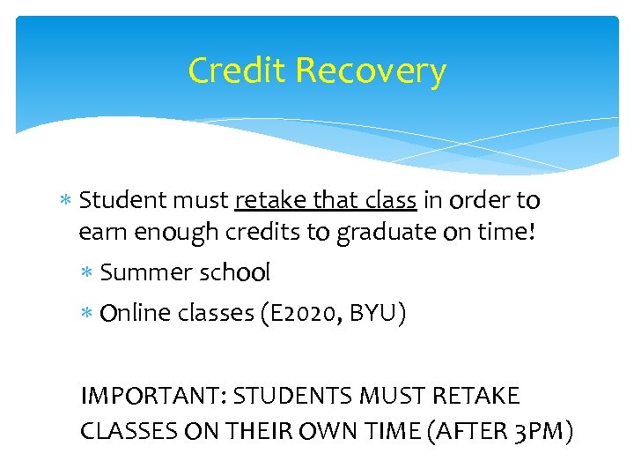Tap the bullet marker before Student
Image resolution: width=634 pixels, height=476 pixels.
click(68, 202)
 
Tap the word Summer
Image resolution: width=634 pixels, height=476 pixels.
click(142, 273)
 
